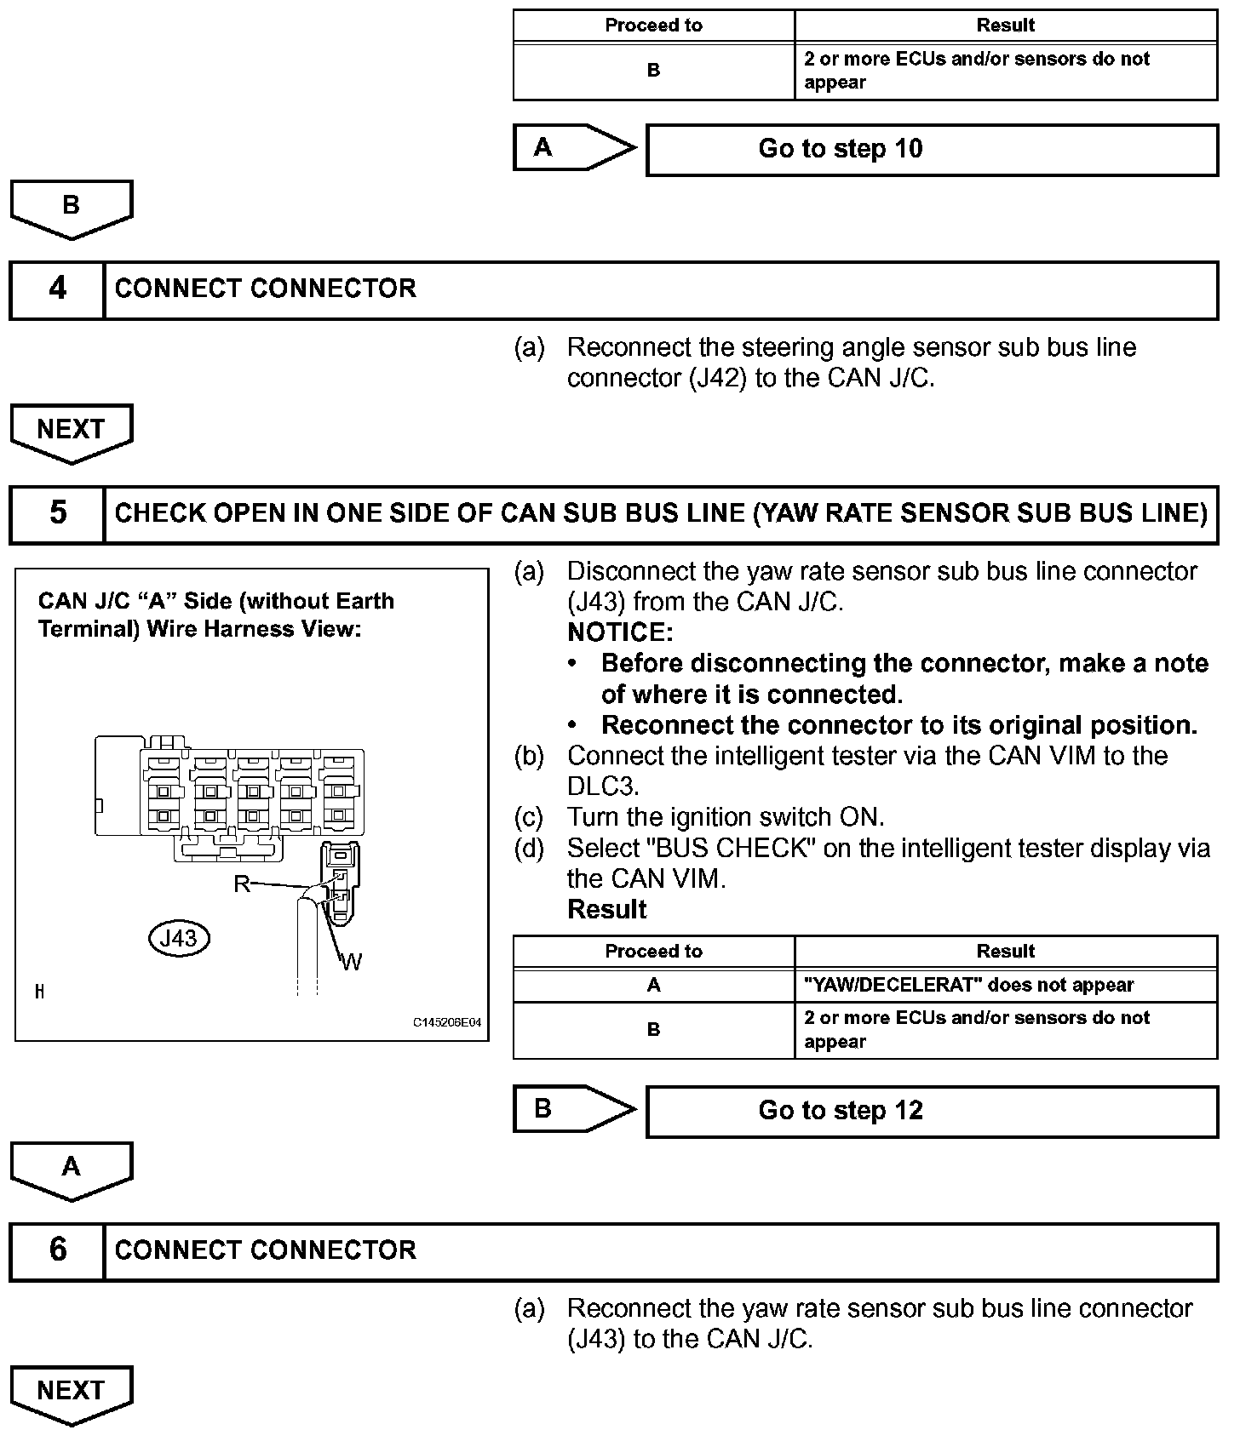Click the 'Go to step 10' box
tap(932, 150)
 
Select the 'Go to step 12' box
tap(932, 1112)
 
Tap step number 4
tap(57, 289)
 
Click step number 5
tap(57, 513)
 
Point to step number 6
tap(57, 1250)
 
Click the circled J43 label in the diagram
tap(178, 938)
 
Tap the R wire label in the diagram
tap(241, 884)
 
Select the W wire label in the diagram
tap(352, 963)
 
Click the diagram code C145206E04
tap(447, 1022)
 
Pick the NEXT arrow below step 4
tap(72, 432)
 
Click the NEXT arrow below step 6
tap(72, 1393)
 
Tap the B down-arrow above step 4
tap(72, 207)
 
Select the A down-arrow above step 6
tap(72, 1169)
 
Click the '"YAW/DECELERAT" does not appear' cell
tap(1005, 986)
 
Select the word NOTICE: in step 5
tap(620, 632)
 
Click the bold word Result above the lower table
tap(606, 910)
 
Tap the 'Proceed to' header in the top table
tap(653, 26)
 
